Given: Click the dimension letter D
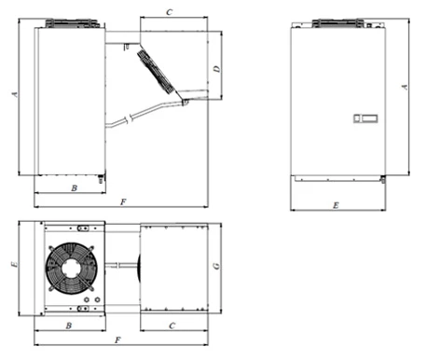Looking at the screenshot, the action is [x=217, y=69].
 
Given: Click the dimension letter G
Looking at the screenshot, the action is [x=216, y=266].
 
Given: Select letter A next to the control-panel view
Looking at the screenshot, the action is [x=405, y=87].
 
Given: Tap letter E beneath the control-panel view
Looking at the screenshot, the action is [x=336, y=205].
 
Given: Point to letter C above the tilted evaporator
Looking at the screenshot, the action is [x=170, y=12].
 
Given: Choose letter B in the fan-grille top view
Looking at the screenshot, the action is [x=69, y=325].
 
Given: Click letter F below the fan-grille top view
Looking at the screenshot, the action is [x=117, y=340].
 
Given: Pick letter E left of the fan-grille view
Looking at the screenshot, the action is [x=14, y=264].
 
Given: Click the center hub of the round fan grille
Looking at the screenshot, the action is [x=72, y=269].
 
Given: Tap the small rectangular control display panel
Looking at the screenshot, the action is [x=365, y=118].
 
